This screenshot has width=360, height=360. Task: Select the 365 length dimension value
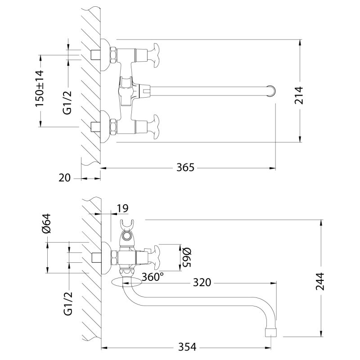point(185,168)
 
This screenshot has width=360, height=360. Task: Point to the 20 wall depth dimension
point(65,178)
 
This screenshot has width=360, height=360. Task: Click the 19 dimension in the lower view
point(122,208)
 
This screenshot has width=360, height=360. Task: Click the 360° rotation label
point(153,277)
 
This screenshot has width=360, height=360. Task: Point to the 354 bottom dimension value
point(187,347)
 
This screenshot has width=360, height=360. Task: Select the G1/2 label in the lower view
point(67,305)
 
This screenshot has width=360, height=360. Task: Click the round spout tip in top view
point(271,90)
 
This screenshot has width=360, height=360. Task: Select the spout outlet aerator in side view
point(271,332)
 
